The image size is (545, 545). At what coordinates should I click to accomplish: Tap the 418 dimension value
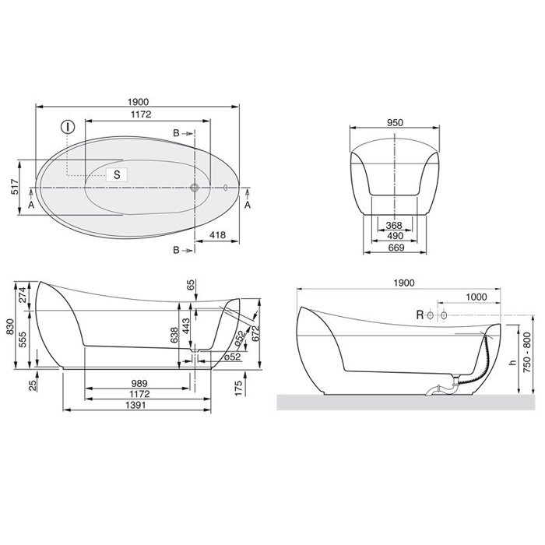point(218,235)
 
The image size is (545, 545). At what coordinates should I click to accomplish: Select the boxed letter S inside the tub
point(116,174)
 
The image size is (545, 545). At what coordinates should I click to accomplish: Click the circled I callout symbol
point(68,126)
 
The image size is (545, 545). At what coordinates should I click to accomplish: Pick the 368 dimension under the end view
point(394,226)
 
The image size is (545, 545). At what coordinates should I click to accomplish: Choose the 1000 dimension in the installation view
point(476,298)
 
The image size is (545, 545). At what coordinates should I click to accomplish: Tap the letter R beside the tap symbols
point(420,315)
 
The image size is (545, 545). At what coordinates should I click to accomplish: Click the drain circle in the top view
point(195,187)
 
